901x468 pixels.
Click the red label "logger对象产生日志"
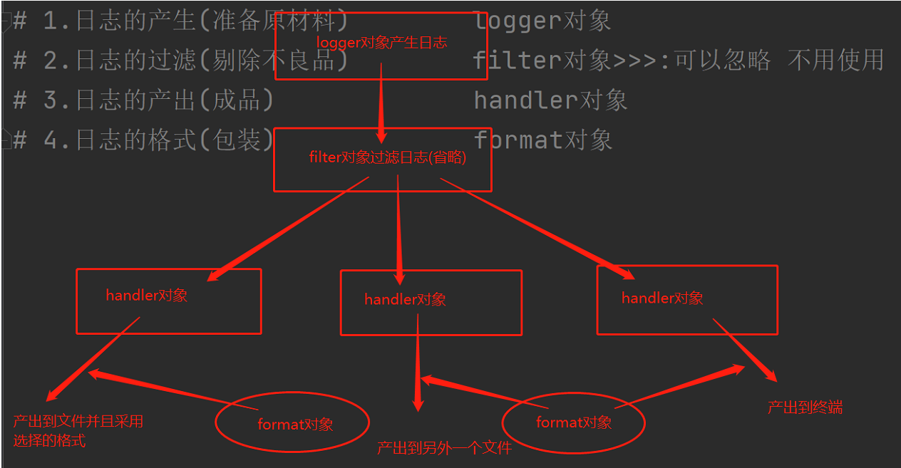pyautogui.click(x=381, y=43)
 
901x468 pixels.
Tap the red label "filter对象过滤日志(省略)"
pyautogui.click(x=387, y=157)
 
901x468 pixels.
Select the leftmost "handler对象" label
pyautogui.click(x=147, y=295)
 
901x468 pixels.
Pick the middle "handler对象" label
pyautogui.click(x=405, y=299)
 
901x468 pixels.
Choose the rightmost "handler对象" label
pyautogui.click(x=662, y=298)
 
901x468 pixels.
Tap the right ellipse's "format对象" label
pyautogui.click(x=574, y=422)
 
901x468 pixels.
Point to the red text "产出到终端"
pyautogui.click(x=805, y=407)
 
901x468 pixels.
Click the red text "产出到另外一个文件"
pyautogui.click(x=444, y=448)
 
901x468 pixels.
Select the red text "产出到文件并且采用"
pyautogui.click(x=78, y=421)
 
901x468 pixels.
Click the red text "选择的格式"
pyautogui.click(x=49, y=441)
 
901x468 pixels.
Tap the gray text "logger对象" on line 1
pyautogui.click(x=542, y=21)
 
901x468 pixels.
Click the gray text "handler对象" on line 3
pyautogui.click(x=550, y=100)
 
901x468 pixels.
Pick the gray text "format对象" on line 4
pyautogui.click(x=542, y=140)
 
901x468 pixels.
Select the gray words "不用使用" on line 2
pyautogui.click(x=835, y=60)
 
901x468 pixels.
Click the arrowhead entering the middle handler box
pyautogui.click(x=399, y=276)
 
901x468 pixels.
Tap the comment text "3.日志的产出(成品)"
pyautogui.click(x=158, y=100)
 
